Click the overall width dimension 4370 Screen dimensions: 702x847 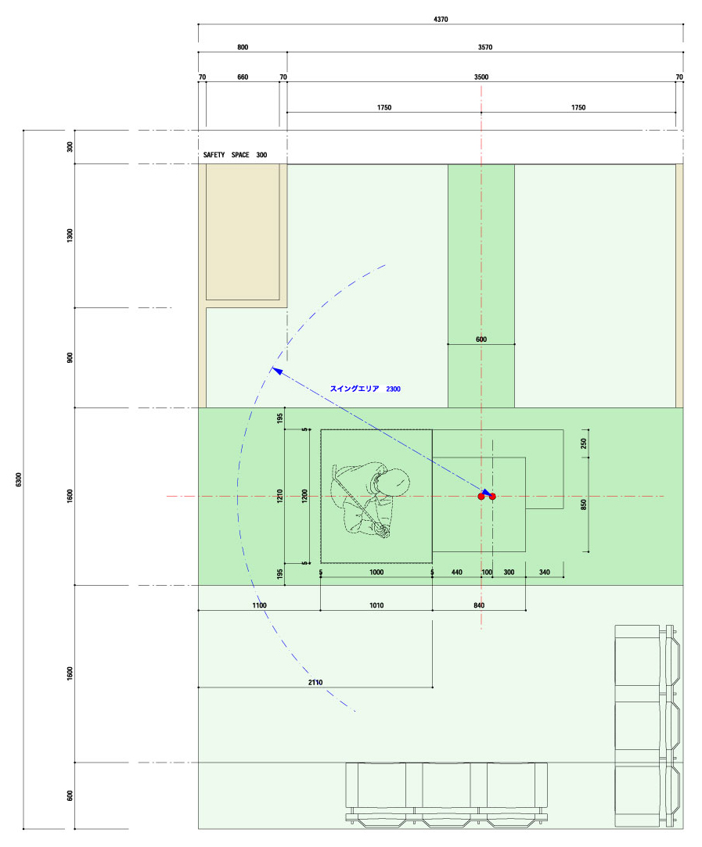[441, 20]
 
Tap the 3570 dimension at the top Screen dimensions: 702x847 [484, 48]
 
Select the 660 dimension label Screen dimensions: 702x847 [243, 77]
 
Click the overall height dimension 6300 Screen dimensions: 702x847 [19, 479]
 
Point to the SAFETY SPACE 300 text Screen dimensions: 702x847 [235, 155]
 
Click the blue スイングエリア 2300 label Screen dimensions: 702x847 [365, 389]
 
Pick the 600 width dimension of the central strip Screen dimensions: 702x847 [481, 339]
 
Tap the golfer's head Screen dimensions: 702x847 [394, 482]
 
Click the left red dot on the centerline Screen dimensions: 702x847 [481, 497]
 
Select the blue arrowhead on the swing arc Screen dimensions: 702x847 [277, 371]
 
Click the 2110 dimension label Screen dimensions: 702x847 [315, 683]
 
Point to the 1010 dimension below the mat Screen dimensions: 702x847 [376, 605]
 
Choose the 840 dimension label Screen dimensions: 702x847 [479, 605]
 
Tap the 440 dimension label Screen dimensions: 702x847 [456, 572]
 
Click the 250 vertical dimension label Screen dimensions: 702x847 [584, 443]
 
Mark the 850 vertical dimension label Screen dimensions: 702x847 [584, 504]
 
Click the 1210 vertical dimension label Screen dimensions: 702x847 [280, 496]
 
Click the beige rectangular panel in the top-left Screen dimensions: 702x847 [243, 231]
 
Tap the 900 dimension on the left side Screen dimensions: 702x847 [70, 357]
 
